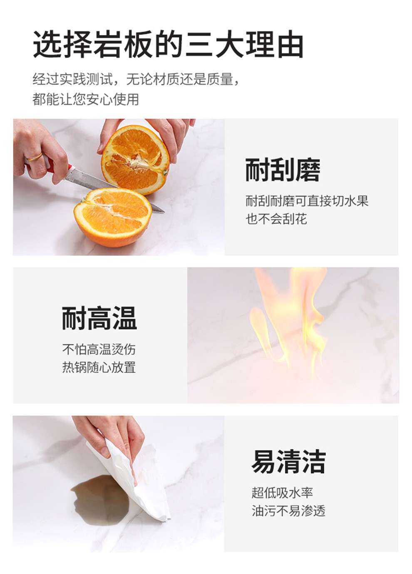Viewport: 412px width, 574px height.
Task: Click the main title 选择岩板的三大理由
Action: pos(168,44)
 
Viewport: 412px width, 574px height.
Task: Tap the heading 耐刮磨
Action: pos(283,170)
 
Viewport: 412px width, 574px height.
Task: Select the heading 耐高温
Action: pos(99,318)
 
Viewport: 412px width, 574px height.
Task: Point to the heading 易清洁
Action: pos(288,462)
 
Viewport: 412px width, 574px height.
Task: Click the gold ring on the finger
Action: pos(35,157)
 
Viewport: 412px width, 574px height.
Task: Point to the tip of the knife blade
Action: pos(164,212)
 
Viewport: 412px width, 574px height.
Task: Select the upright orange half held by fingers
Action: pos(135,160)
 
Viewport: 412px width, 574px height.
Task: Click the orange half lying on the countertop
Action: pos(113,217)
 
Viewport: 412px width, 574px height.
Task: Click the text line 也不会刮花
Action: pos(276,219)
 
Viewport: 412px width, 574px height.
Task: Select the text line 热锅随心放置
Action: pos(99,367)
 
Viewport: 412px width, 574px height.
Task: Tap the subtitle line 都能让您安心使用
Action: pos(86,99)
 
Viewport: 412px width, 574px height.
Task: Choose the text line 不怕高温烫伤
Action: pos(99,349)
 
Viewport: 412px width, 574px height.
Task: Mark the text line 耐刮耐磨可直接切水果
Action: pos(307,201)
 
